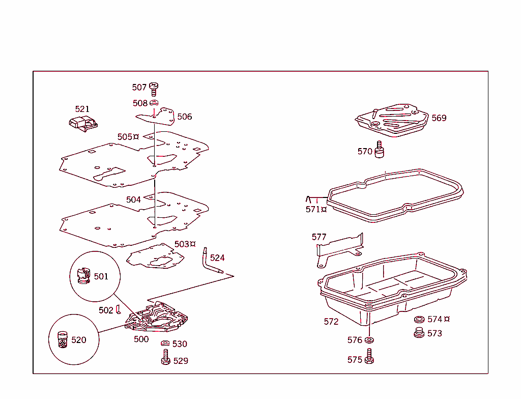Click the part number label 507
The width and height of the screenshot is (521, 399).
139,88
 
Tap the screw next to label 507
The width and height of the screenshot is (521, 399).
154,89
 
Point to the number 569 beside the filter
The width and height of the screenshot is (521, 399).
439,118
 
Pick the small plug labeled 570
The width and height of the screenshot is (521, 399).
379,150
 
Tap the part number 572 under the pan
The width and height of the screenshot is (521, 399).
331,322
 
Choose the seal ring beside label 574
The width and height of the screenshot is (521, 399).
420,320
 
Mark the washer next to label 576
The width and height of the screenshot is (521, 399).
369,339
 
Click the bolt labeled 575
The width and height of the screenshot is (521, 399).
370,356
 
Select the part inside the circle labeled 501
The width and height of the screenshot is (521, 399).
82,276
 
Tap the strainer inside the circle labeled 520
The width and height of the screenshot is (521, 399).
63,339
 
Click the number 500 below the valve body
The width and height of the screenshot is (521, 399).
141,339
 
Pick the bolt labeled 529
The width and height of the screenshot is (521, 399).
166,357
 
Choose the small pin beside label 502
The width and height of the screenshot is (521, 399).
118,309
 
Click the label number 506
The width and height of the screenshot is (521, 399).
185,117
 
